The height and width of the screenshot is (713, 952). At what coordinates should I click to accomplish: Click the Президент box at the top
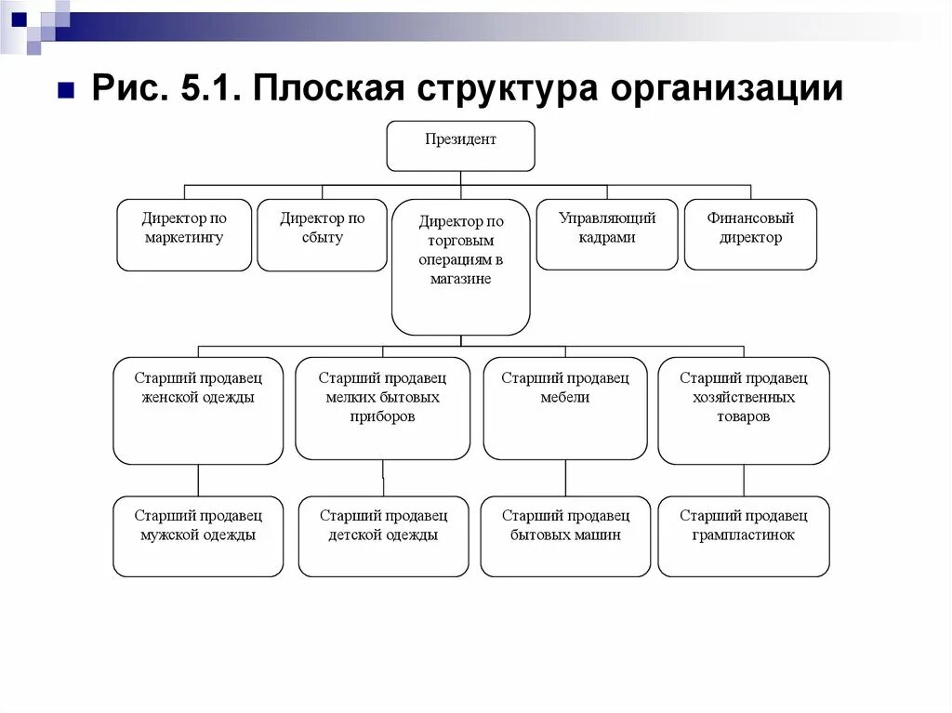(x=460, y=146)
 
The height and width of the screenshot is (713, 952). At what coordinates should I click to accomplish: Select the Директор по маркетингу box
(x=184, y=234)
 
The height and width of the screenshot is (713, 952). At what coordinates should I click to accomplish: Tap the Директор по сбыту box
(x=322, y=234)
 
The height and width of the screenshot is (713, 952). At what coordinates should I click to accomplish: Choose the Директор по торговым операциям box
(x=460, y=267)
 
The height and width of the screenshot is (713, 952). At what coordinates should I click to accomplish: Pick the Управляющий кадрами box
(x=607, y=234)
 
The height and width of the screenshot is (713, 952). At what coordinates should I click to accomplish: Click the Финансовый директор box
(x=750, y=234)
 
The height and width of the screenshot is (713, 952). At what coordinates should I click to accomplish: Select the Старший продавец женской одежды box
(x=198, y=410)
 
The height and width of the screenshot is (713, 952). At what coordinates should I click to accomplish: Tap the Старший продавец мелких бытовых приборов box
(x=382, y=408)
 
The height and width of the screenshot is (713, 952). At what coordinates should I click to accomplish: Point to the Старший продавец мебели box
(x=565, y=408)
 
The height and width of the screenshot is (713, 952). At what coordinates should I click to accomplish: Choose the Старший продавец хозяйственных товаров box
(x=744, y=410)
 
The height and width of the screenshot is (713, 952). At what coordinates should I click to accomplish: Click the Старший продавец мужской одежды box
(x=198, y=536)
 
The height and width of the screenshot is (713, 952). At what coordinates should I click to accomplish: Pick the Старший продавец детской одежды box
(x=383, y=536)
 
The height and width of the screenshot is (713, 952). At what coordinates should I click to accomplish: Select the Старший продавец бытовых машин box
(x=565, y=536)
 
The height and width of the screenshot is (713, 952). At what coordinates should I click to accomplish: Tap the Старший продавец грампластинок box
(x=744, y=536)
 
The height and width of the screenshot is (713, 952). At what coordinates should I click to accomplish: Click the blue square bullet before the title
(x=66, y=91)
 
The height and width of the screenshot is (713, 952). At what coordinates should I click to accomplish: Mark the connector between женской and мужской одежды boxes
(x=198, y=480)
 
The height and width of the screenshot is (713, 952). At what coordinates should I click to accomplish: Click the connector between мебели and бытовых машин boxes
(x=565, y=478)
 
